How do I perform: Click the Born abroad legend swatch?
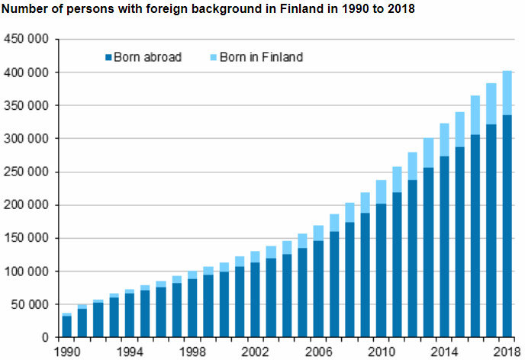pos(108,57)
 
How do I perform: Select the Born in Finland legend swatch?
pos(213,57)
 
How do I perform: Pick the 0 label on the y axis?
pos(47,338)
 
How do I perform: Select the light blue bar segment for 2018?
pos(507,92)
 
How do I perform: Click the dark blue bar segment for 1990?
pos(66,326)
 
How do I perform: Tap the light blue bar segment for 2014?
pos(443,140)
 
